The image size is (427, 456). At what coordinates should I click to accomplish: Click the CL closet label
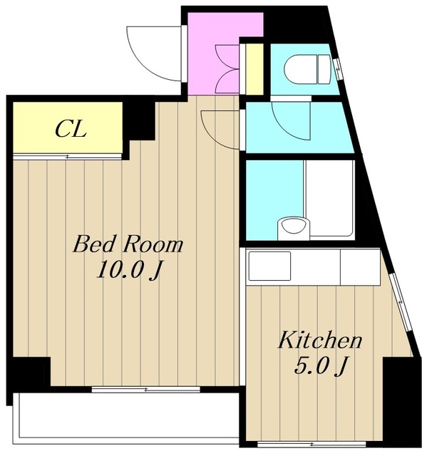point(71,129)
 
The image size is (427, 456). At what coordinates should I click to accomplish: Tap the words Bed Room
point(128,245)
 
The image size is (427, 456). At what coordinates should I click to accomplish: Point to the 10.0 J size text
point(129,270)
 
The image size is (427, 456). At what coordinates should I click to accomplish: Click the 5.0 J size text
point(321,366)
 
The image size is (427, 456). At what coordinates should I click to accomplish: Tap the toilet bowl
point(301,69)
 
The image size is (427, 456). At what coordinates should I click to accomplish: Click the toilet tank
point(324,70)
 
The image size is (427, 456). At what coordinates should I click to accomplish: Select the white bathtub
point(329,199)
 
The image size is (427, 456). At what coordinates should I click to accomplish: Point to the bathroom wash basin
point(294,228)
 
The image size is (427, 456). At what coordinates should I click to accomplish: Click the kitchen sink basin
point(269,266)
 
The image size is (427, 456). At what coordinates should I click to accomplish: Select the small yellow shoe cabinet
point(254,69)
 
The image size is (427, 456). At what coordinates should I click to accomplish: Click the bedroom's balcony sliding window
point(145,390)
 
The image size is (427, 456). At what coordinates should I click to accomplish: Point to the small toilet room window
point(338,69)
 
